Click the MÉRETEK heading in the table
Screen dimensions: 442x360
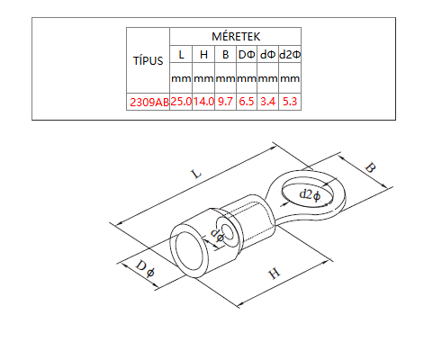point(236,37)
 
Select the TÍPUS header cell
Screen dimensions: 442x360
point(149,60)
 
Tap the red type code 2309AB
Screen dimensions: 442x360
point(149,103)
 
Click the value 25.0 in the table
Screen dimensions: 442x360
point(181,102)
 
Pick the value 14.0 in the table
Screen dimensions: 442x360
point(203,102)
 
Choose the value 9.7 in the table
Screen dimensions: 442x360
point(225,102)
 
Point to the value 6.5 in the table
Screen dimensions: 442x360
point(247,102)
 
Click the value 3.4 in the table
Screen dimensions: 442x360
point(267,102)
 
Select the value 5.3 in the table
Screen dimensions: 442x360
point(290,102)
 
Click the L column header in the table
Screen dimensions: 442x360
point(181,55)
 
